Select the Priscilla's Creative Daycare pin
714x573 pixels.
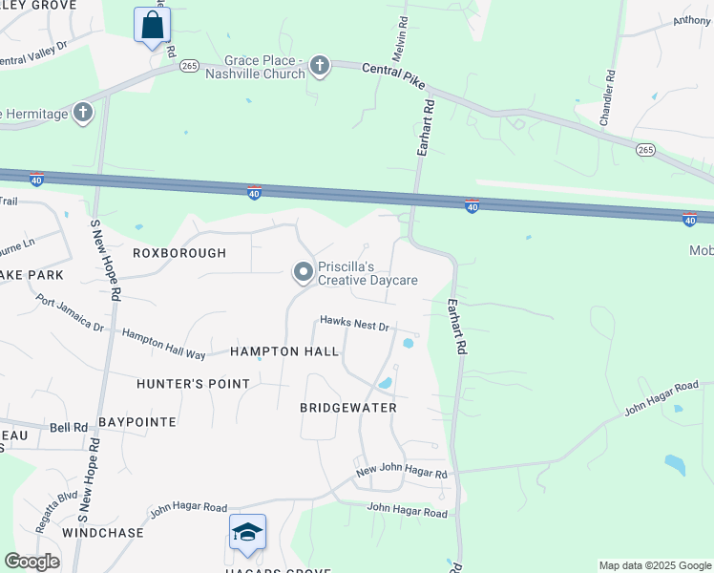click(x=304, y=273)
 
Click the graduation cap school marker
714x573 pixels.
click(x=247, y=532)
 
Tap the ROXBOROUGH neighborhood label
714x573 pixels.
click(x=179, y=253)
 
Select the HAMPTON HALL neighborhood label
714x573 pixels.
click(x=284, y=351)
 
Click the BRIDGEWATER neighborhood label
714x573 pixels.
click(x=347, y=408)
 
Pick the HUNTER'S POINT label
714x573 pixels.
click(x=193, y=384)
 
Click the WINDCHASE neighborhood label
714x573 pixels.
click(x=103, y=532)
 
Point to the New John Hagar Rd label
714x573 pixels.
click(x=401, y=473)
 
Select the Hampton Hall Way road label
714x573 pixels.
click(x=164, y=344)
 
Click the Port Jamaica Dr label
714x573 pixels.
click(x=70, y=312)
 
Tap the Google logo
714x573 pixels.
click(x=31, y=562)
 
